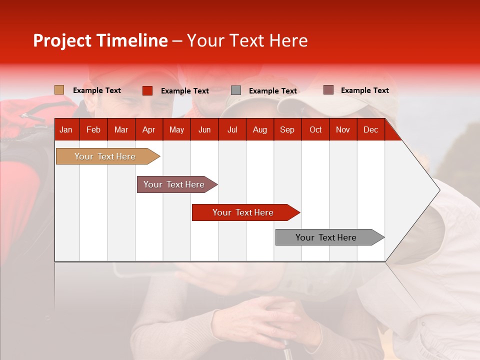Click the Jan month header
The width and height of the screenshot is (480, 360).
pos(66,129)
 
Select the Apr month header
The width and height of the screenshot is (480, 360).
pos(148,129)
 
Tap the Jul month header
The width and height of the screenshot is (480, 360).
pos(232,129)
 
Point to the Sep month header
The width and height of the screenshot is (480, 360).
pos(287,129)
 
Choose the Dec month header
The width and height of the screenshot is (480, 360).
pos(370,129)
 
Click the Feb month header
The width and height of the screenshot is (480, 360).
pos(93,129)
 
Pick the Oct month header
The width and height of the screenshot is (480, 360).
pos(315,129)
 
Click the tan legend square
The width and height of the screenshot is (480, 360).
pos(59,90)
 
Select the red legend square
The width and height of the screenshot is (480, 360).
pos(147,90)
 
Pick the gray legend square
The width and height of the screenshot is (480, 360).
pos(236,90)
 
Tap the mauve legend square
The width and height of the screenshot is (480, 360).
pos(328,90)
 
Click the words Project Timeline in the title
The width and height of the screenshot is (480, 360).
pos(100,40)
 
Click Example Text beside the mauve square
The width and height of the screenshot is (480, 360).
pos(364,90)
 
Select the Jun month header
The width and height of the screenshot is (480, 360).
pos(204,129)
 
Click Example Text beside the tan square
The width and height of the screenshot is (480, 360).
pos(97,90)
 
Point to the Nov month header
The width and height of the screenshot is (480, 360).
pos(343,129)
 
